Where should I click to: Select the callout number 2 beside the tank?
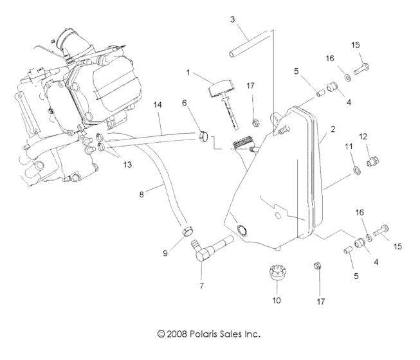[x=333, y=129]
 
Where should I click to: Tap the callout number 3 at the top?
[x=232, y=19]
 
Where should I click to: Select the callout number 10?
[x=277, y=300]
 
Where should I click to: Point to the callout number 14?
[x=157, y=104]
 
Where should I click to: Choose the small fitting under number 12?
[x=370, y=161]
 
